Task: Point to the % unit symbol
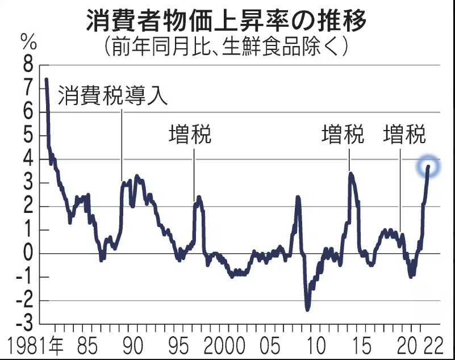coord(27,41)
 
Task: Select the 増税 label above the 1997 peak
coord(190,136)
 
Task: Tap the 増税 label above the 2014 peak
coord(343,136)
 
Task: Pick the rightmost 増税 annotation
coord(404,136)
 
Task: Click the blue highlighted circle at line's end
coord(428,166)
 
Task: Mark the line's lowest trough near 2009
coord(308,309)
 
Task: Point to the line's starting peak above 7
coord(47,79)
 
